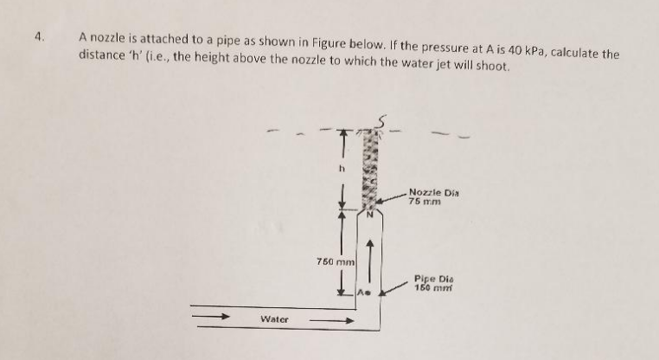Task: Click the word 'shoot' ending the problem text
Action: (492, 66)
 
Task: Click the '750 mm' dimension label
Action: (336, 262)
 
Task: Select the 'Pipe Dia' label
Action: (430, 279)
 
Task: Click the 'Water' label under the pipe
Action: (275, 319)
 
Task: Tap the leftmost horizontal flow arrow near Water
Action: (210, 317)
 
